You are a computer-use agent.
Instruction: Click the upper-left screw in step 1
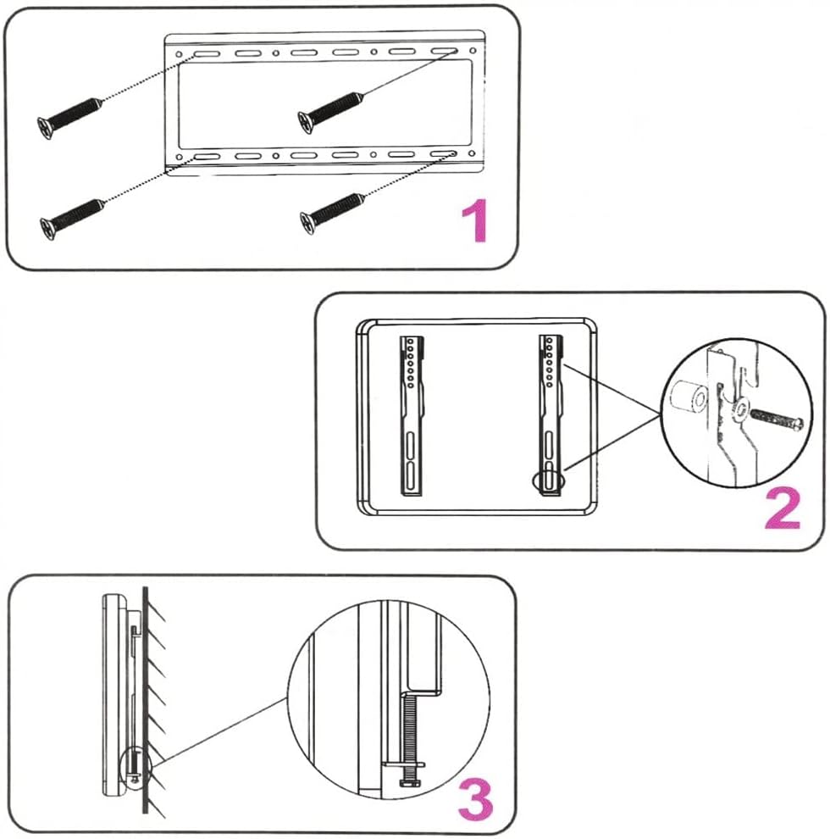coord(70,115)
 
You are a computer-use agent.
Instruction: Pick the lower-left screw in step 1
coord(72,215)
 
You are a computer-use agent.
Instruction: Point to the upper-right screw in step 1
coord(332,110)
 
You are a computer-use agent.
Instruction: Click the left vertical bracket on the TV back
coord(412,415)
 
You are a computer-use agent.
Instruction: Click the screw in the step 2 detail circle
coord(773,417)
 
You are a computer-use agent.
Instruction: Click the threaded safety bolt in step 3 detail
coord(409,729)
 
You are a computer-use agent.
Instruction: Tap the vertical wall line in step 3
coord(146,703)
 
